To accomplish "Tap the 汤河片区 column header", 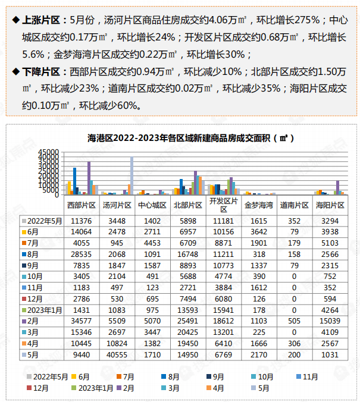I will pyautogui.click(x=118, y=205).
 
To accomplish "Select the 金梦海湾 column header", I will pyautogui.click(x=259, y=205).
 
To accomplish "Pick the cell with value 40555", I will pyautogui.click(x=118, y=354).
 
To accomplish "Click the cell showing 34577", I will pyautogui.click(x=82, y=321).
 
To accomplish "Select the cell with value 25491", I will pyautogui.click(x=189, y=321).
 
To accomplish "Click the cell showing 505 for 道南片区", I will pyautogui.click(x=295, y=321).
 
